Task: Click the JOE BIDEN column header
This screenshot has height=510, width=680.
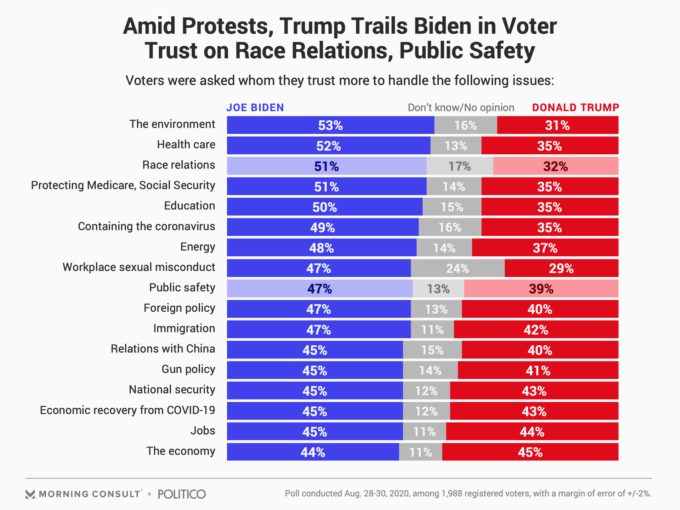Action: (255, 108)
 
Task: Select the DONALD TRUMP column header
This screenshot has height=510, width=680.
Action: (576, 108)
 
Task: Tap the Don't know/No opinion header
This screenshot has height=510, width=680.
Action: (461, 108)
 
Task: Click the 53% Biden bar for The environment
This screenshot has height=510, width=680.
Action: (330, 125)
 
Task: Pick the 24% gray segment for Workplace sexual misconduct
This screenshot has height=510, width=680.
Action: (458, 268)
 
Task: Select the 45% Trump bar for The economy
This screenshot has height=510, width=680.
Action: (530, 452)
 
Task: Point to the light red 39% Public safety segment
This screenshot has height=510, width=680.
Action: (541, 289)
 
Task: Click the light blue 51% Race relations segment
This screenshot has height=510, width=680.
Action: (327, 166)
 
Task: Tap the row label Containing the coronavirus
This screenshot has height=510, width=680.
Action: (146, 226)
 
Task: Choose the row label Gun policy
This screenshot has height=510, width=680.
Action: (188, 369)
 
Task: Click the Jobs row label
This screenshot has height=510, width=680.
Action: (203, 431)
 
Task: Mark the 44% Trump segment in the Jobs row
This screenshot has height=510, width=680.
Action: (532, 432)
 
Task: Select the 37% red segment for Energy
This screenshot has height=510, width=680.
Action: (545, 248)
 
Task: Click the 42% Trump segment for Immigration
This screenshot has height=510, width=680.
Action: (536, 330)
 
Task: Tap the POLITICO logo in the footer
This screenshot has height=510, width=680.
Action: (182, 494)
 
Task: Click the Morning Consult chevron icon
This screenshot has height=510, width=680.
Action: (30, 494)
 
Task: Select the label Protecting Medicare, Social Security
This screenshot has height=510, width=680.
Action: (123, 186)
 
